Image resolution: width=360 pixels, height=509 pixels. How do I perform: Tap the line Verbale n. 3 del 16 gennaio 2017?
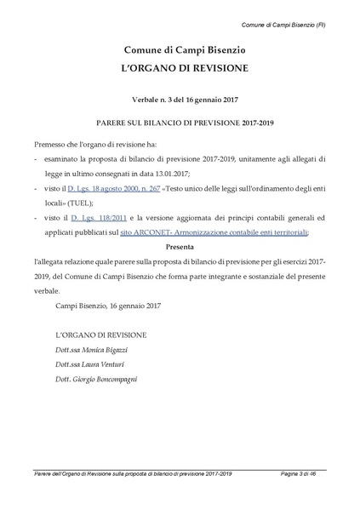pyautogui.click(x=180, y=99)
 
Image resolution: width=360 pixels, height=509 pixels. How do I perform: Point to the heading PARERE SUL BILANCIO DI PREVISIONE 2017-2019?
pyautogui.click(x=180, y=122)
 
